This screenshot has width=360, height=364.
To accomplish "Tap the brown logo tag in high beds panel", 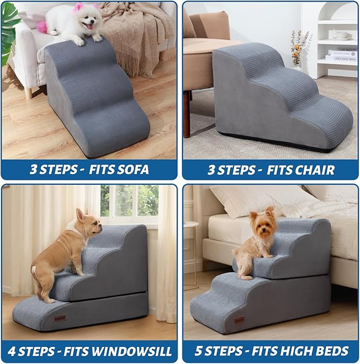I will [240, 320].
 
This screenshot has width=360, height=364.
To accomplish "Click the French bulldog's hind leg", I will [42, 281].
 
